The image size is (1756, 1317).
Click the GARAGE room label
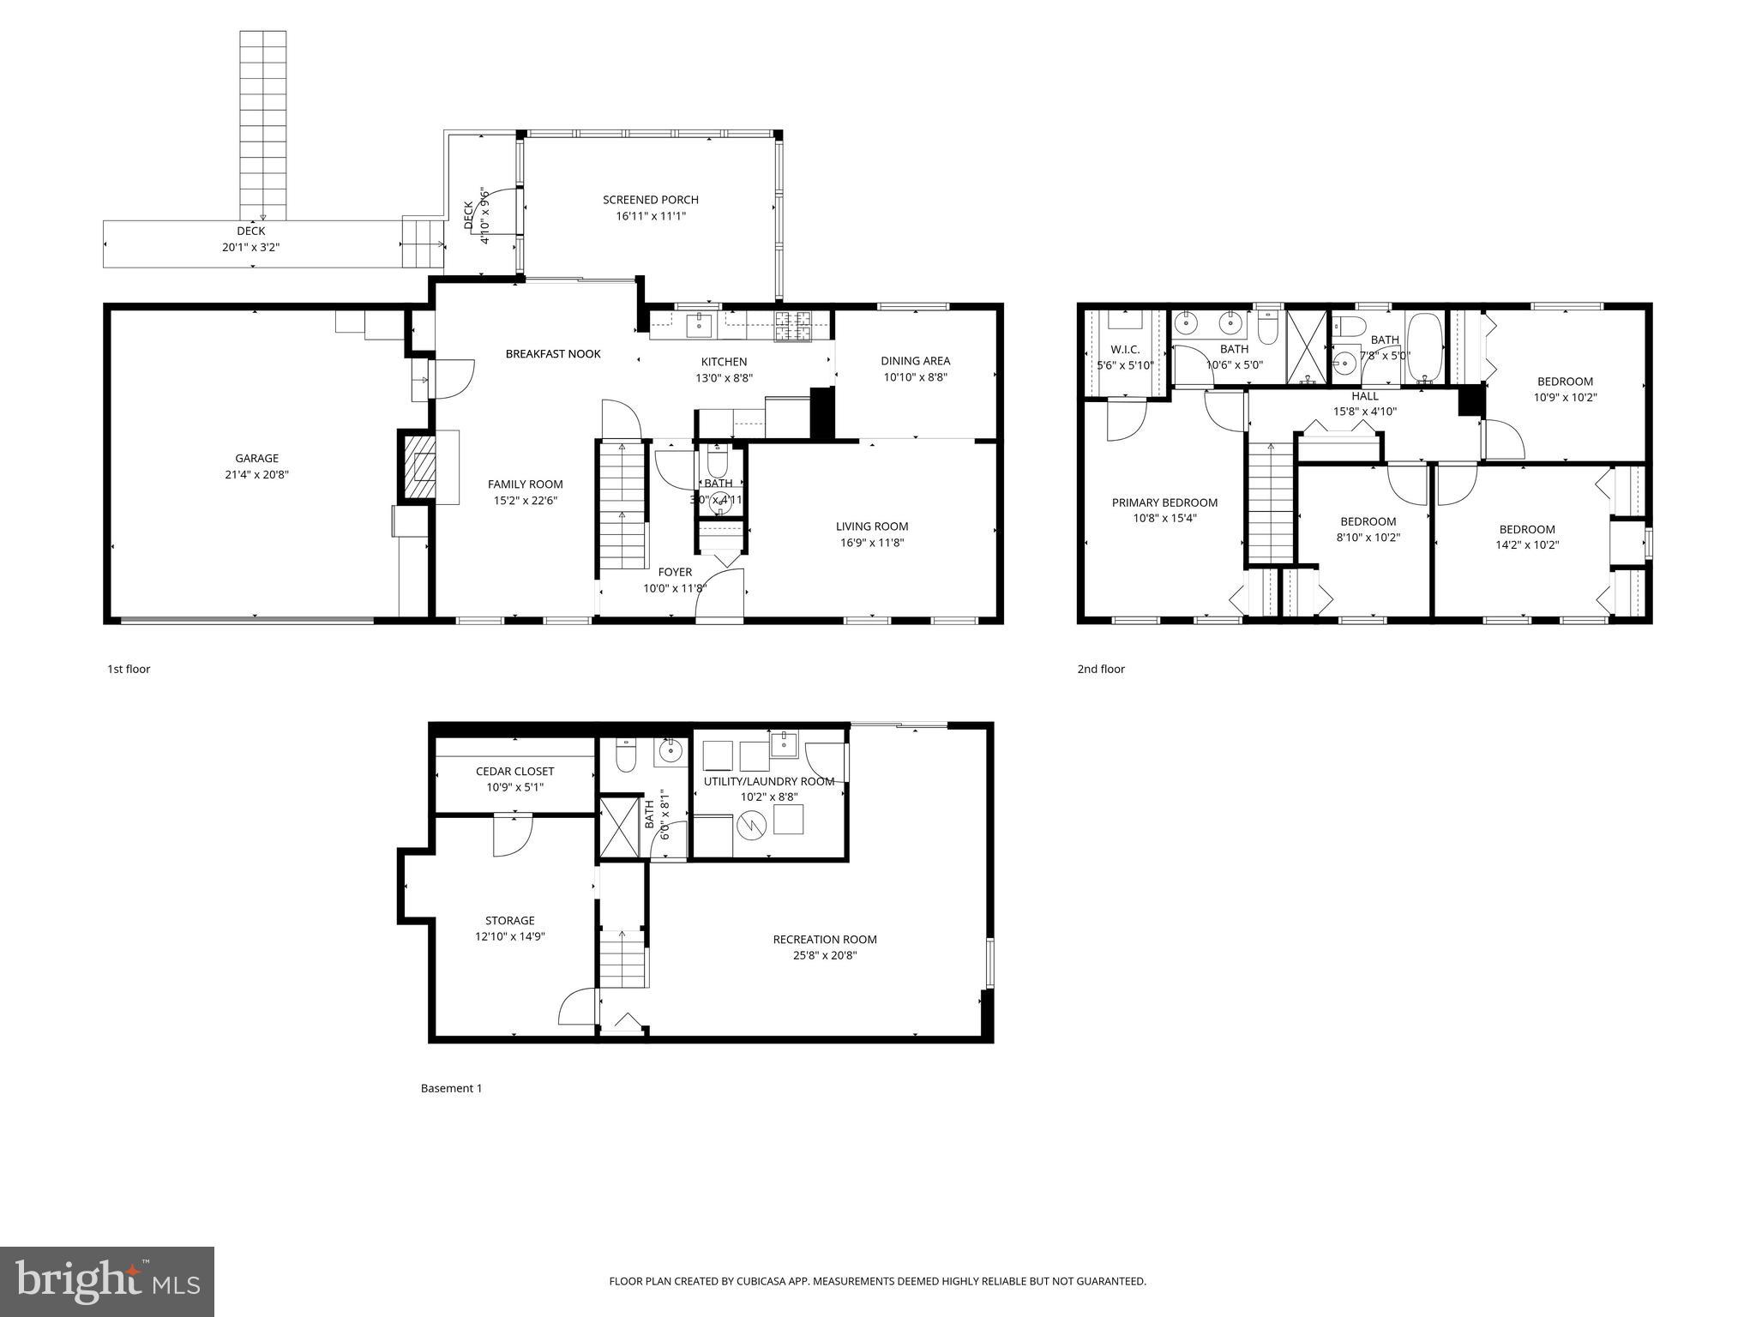(256, 459)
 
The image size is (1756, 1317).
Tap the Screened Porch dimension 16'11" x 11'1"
(651, 216)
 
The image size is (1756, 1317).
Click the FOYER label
(675, 572)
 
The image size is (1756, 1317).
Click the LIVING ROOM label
(872, 526)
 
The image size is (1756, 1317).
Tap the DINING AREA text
(915, 361)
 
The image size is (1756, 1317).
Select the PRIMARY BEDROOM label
(1164, 502)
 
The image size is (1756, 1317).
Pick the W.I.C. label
(1125, 350)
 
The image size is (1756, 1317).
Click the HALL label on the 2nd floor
(1365, 396)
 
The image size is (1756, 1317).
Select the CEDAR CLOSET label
(514, 772)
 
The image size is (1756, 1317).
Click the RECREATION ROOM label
(824, 940)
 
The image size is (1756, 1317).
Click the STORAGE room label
(510, 921)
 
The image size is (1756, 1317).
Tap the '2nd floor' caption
(1101, 669)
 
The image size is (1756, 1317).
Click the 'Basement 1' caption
(451, 1088)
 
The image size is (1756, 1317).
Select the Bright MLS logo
(107, 1281)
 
